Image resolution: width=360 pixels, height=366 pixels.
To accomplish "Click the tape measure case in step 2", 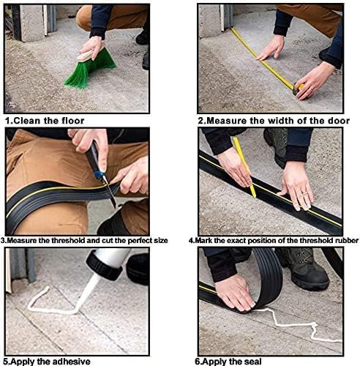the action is tap(299, 89).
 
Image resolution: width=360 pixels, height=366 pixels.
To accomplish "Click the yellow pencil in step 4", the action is tap(244, 167).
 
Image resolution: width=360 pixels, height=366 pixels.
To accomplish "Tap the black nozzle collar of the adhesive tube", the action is tap(104, 266).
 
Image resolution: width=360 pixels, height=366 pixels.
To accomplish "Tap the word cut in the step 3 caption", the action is tap(108, 241).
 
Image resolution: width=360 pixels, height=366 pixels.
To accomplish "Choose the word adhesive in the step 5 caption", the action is tap(70, 362).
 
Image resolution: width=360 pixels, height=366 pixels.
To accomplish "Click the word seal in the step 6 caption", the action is tap(252, 362).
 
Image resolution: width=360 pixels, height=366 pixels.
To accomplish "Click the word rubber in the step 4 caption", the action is tap(348, 241).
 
